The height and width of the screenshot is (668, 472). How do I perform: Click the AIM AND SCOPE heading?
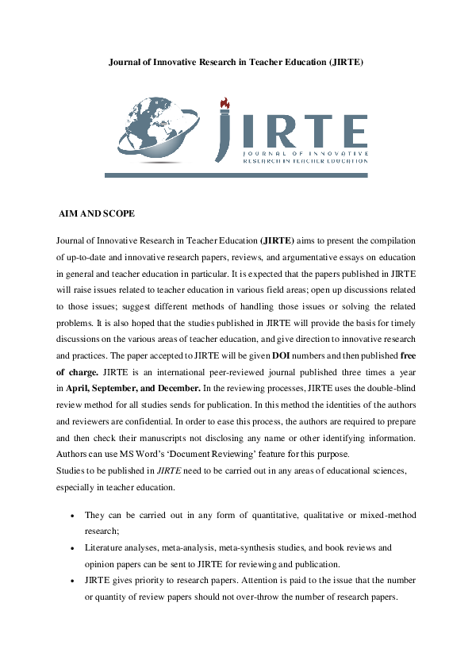(x=97, y=214)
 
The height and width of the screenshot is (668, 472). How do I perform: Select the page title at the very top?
(x=236, y=62)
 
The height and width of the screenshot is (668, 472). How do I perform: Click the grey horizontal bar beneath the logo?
(x=236, y=173)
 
